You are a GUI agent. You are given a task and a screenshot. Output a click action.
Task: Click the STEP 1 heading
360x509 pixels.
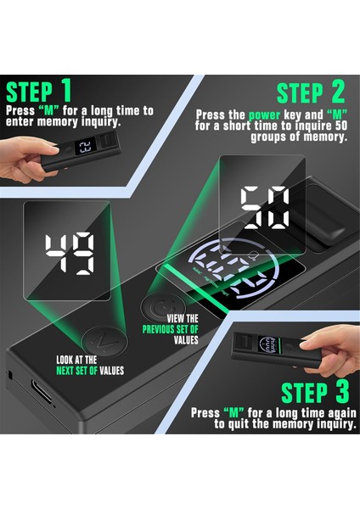click(41, 92)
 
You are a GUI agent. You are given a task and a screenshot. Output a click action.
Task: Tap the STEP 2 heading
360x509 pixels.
click(313, 92)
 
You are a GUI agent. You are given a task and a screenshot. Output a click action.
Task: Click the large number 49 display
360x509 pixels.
click(70, 251)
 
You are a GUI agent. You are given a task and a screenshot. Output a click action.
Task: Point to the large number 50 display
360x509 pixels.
click(263, 206)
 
